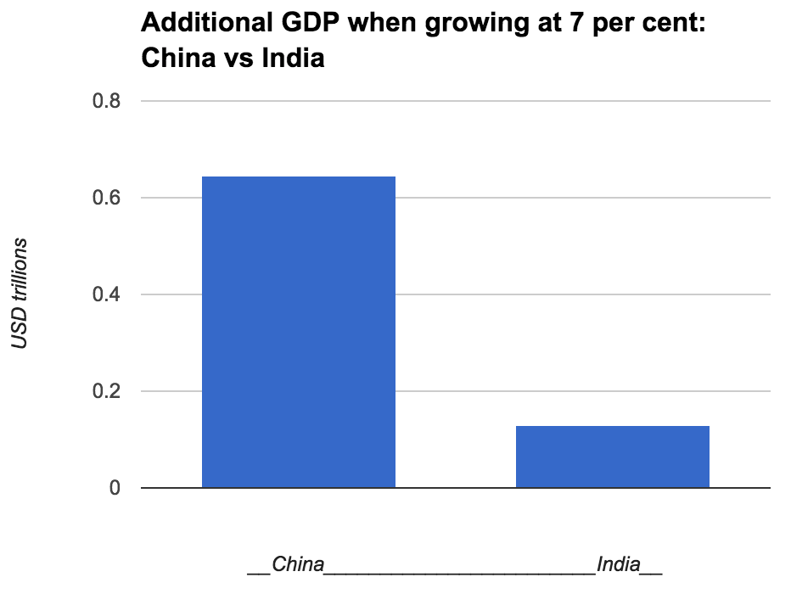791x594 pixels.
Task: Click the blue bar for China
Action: point(298,332)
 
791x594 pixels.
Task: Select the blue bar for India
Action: point(612,457)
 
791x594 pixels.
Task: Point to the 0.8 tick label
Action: point(105,102)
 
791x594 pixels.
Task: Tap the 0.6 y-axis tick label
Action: point(105,199)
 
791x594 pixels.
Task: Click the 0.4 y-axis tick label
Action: point(105,295)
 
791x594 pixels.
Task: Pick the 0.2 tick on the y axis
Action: point(105,392)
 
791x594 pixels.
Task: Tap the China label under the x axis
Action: point(297,564)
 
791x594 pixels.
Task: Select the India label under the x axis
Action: point(618,564)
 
